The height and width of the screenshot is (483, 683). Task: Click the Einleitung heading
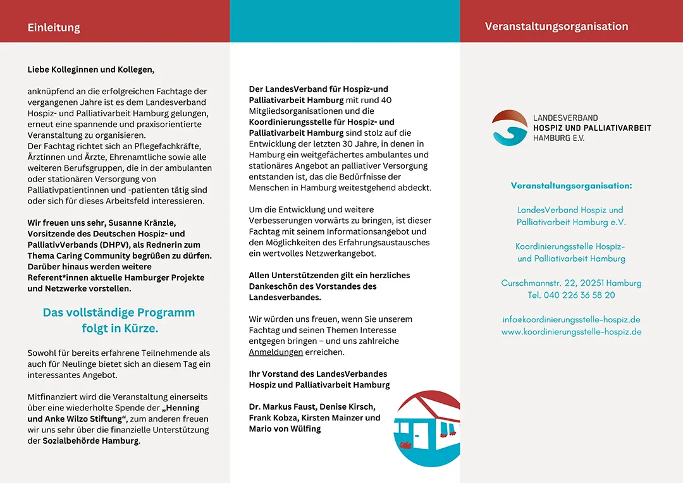click(x=54, y=28)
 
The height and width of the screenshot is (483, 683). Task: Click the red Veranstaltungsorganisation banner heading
click(x=557, y=27)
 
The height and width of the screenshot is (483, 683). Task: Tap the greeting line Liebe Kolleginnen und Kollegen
click(x=90, y=70)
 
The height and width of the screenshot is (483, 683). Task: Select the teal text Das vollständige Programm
click(x=119, y=312)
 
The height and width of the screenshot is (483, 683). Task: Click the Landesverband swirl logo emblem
click(x=509, y=128)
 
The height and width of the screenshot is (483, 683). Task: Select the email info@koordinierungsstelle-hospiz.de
click(x=571, y=320)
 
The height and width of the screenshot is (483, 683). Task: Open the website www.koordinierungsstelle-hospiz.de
click(x=571, y=332)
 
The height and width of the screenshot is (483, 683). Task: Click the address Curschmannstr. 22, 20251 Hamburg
click(x=571, y=283)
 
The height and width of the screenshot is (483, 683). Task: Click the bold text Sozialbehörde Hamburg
click(x=90, y=441)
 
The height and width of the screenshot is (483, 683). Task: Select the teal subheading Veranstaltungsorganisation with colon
click(x=571, y=186)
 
